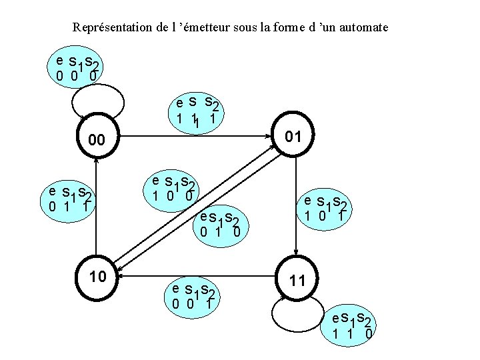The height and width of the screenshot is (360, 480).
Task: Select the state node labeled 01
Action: click(x=293, y=137)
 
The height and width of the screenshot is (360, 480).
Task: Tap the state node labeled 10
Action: click(x=97, y=275)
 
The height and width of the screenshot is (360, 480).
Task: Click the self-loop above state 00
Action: click(x=97, y=101)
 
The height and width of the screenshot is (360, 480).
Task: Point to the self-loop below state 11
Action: click(x=294, y=310)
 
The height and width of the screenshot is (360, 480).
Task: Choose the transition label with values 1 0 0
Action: click(x=172, y=189)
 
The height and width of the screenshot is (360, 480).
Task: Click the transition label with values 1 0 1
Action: click(x=325, y=209)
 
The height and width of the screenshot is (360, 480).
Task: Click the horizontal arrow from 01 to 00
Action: click(x=193, y=137)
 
